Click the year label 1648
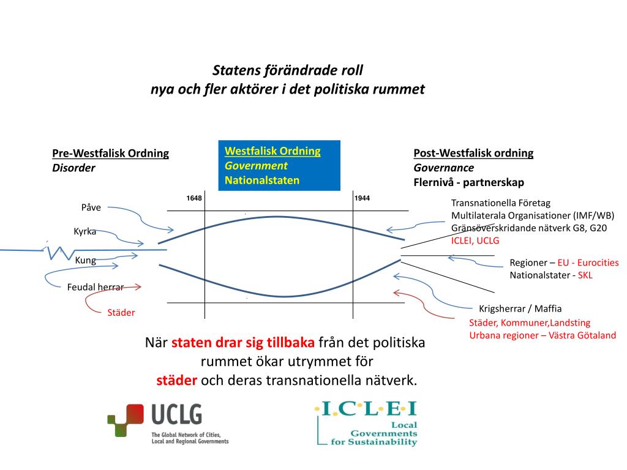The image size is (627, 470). tap(194, 198)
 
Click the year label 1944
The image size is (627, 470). tap(362, 198)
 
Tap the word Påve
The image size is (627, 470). tap(91, 207)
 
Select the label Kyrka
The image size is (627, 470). tap(85, 232)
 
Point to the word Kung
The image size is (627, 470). tap(85, 260)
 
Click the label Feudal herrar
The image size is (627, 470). tap(96, 286)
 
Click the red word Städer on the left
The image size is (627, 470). tap(121, 313)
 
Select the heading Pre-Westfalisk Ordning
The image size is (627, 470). tap(110, 153)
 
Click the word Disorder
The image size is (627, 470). tap(73, 168)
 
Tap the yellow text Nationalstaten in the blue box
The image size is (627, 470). tap(262, 180)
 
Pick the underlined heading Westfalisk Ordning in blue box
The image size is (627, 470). tap(272, 151)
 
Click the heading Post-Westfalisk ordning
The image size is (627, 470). tap(473, 153)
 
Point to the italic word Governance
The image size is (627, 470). tap(443, 168)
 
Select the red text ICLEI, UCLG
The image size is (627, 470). tap(475, 241)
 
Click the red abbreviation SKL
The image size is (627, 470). tap(585, 275)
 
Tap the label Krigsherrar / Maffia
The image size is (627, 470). tap(520, 308)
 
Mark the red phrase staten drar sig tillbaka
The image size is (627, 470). tap(244, 342)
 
